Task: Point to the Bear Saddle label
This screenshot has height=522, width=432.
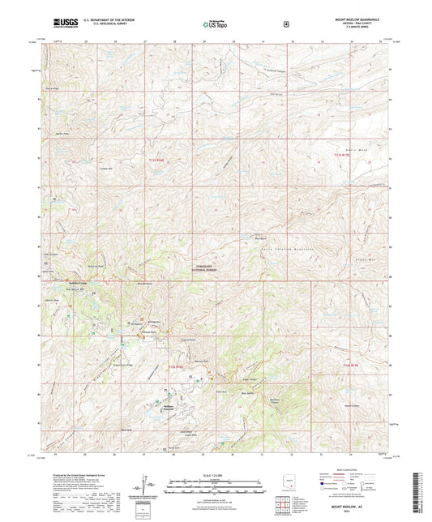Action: (250, 395)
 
